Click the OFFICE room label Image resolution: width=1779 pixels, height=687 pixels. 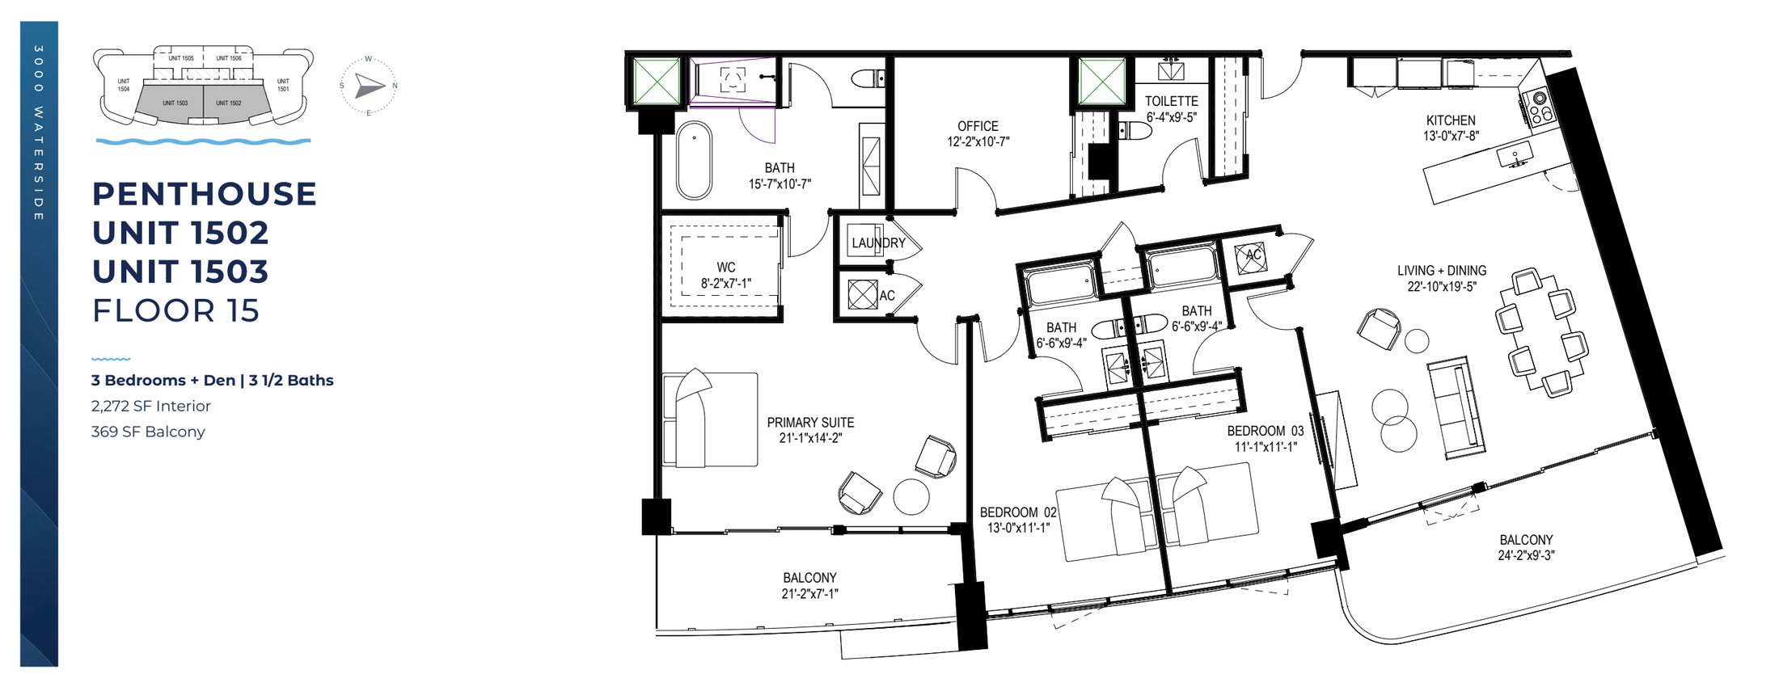click(978, 127)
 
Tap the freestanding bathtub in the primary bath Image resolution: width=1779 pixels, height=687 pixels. click(694, 160)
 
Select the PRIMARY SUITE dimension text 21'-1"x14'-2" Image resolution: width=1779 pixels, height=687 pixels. click(810, 439)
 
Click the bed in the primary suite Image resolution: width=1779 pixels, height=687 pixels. click(709, 419)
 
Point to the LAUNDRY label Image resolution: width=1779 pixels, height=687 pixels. click(878, 242)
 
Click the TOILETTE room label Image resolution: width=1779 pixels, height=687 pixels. click(1171, 101)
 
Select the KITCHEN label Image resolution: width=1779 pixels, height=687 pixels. click(1451, 120)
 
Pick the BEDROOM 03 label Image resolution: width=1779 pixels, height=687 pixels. click(1266, 431)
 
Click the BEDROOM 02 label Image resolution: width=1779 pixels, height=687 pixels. click(1018, 512)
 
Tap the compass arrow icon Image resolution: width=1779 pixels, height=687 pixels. click(370, 86)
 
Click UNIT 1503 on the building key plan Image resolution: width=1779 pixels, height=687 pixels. click(175, 103)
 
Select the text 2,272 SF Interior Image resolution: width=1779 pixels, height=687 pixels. click(151, 406)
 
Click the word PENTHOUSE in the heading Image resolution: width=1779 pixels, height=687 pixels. click(204, 194)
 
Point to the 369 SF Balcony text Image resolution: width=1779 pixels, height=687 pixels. click(148, 432)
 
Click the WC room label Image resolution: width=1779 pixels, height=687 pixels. click(725, 268)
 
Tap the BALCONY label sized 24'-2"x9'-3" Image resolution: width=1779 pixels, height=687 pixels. click(1526, 540)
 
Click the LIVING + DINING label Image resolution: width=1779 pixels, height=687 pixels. click(1442, 271)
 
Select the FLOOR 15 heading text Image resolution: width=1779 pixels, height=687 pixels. click(175, 311)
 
